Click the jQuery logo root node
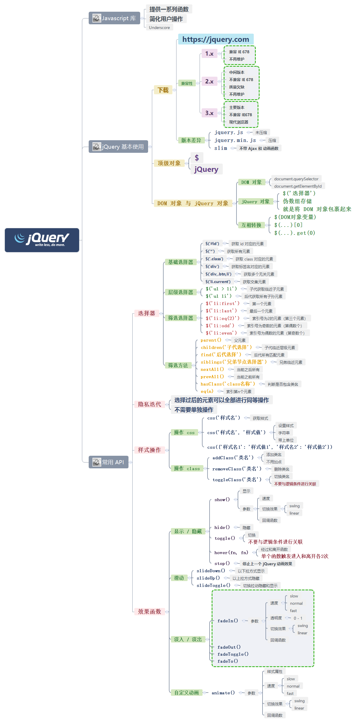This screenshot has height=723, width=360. coord(42,240)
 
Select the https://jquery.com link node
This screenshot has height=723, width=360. coord(216,39)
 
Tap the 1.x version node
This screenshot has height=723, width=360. coord(209,54)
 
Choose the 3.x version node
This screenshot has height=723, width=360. coord(209,113)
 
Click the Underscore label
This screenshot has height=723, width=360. coord(159,28)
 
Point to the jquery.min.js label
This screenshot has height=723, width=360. coord(235,140)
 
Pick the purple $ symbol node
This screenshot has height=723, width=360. coord(197,158)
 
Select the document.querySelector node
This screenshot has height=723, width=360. coord(296,179)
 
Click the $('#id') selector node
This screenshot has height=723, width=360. coord(212,244)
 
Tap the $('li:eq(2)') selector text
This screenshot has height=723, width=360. coord(222,318)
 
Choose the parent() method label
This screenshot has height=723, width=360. coord(211,340)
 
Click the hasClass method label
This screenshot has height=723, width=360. coord(228,384)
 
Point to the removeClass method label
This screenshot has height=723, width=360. coord(237,469)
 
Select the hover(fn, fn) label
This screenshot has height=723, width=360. coord(231,553)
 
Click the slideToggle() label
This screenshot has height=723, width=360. coord(213,585)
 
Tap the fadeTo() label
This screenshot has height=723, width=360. coord(228,661)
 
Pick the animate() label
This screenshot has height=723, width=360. coord(223,693)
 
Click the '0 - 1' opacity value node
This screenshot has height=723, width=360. coord(298,618)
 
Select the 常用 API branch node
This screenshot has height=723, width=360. coord(109,462)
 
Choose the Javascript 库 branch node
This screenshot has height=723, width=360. coord(114,18)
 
